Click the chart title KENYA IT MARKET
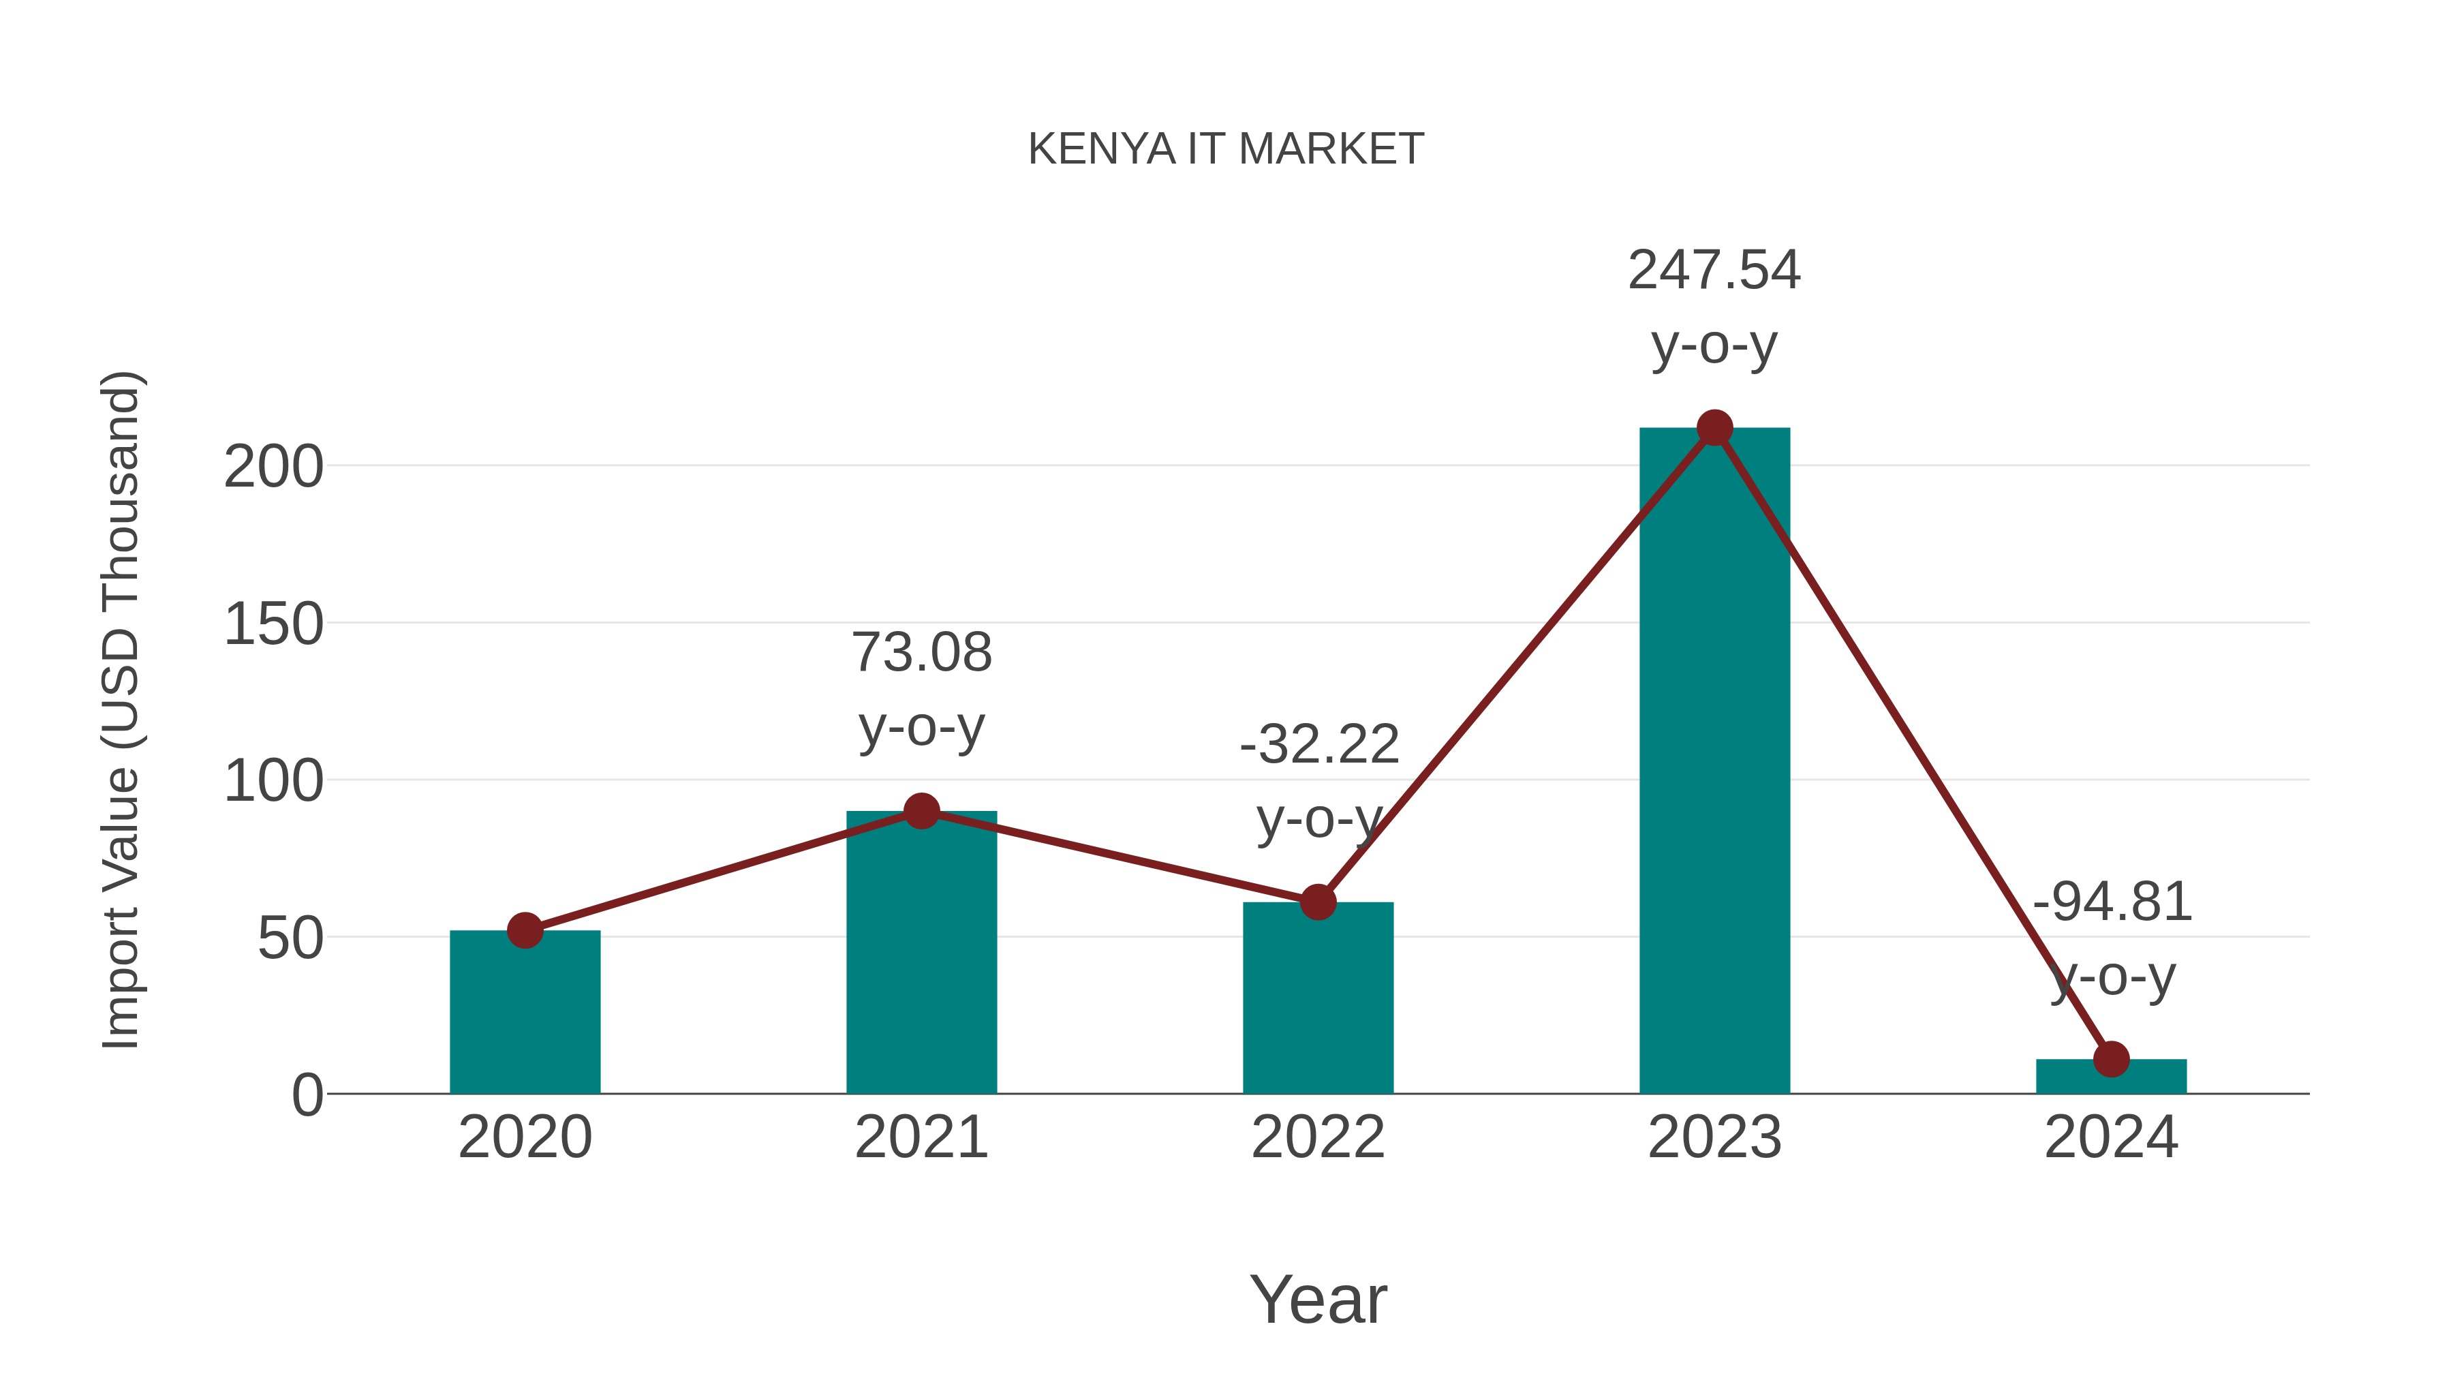[x=1226, y=149]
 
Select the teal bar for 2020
[x=525, y=1019]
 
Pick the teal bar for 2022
[x=1318, y=1005]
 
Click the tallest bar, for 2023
[x=1714, y=762]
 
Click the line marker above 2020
[x=525, y=930]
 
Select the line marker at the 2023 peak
[x=1714, y=429]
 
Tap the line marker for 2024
[x=2111, y=1059]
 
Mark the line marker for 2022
[x=1318, y=902]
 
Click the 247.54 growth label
[x=1714, y=271]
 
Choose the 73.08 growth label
[x=921, y=654]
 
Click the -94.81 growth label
[x=2111, y=902]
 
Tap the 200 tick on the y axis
[x=273, y=467]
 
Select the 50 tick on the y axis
[x=290, y=939]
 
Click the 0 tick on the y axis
[x=307, y=1095]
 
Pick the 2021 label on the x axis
[x=921, y=1137]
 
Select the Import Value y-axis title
[x=121, y=709]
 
